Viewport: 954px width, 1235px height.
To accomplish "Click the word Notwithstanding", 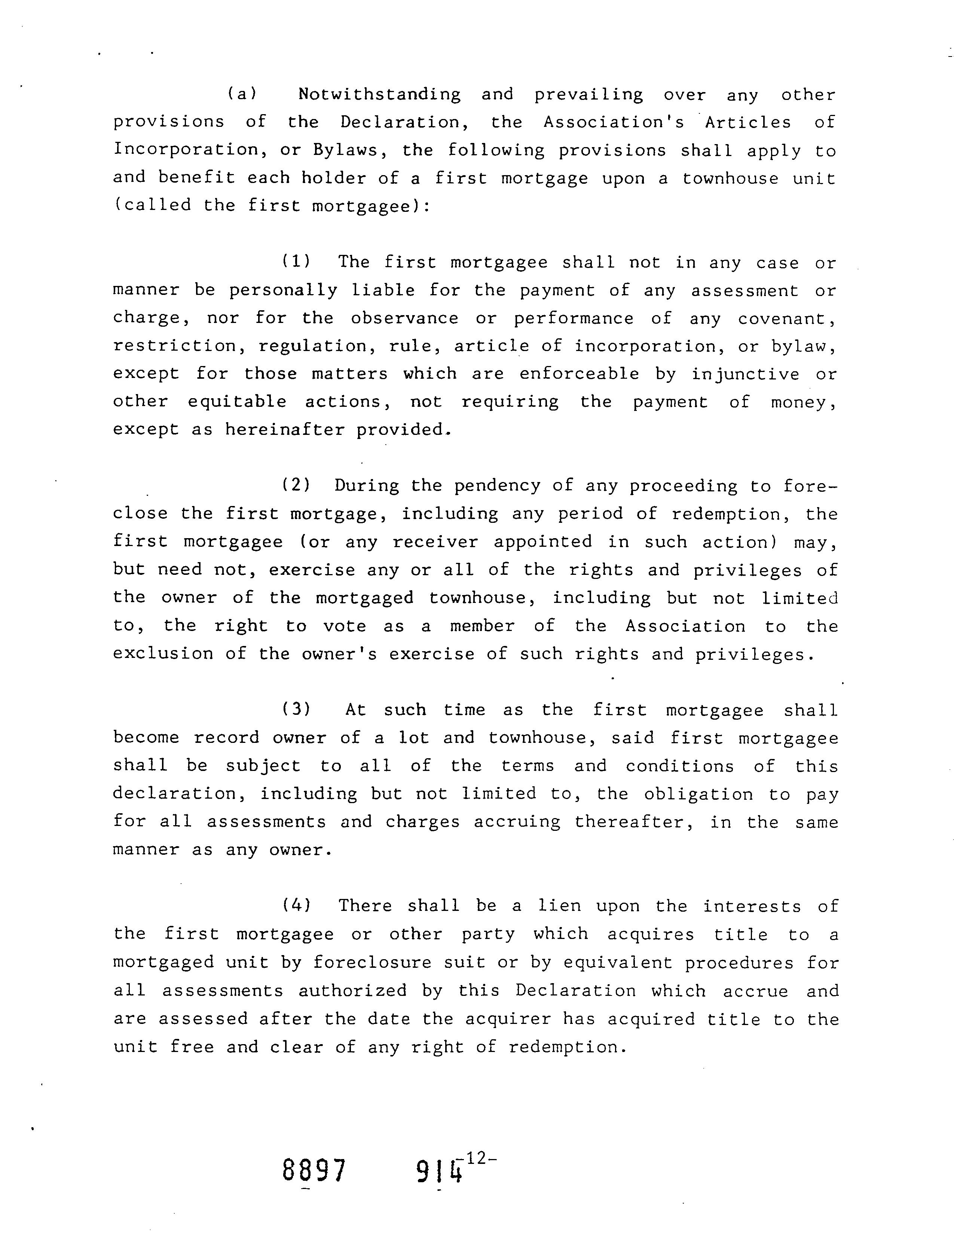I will coord(379,94).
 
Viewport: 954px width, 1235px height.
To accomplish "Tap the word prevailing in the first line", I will coord(588,94).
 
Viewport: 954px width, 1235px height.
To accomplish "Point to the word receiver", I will coord(435,542).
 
